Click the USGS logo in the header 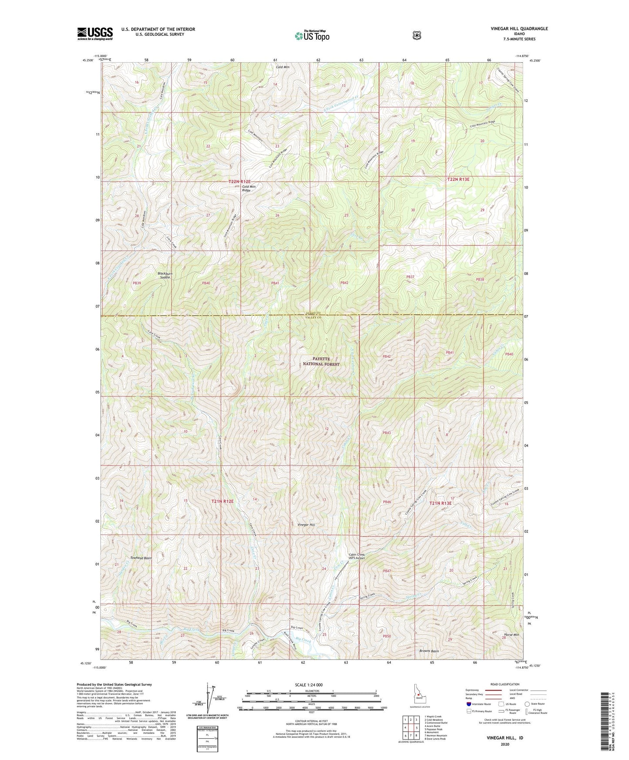click(x=95, y=34)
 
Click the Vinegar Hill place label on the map click(x=306, y=525)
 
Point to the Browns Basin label click(x=429, y=651)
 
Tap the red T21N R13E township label click(x=441, y=503)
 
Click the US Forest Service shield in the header click(x=417, y=35)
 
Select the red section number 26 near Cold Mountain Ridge click(x=277, y=215)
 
